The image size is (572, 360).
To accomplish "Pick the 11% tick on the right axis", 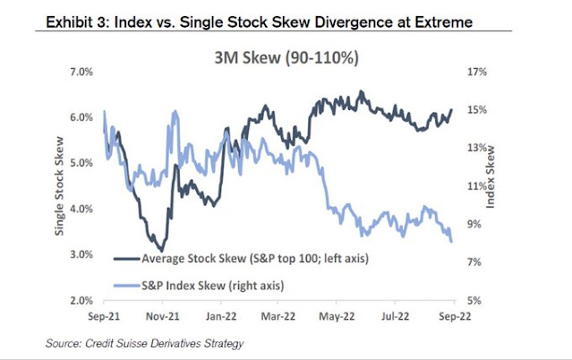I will pos(474,185).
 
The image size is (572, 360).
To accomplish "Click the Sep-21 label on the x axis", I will pos(105,316).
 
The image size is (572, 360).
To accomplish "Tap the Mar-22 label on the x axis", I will pos(278,316).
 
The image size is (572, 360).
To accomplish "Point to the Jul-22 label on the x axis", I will pos(395,316).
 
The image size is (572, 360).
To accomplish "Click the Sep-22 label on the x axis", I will pos(453,316).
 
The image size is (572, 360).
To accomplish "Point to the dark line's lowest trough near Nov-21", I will pos(159,250).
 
